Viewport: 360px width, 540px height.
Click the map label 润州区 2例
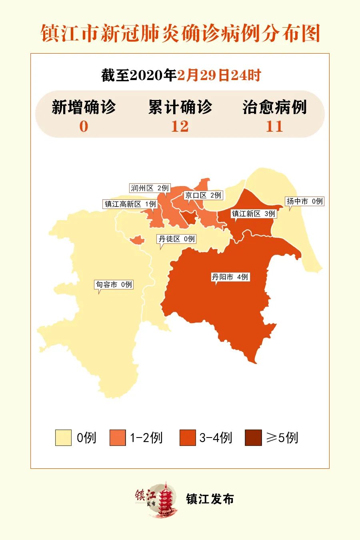point(150,188)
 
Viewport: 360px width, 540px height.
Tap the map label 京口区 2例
point(203,195)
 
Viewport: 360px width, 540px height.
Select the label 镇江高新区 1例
point(130,204)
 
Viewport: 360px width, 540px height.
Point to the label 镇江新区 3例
point(254,214)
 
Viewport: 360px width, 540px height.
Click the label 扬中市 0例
point(304,201)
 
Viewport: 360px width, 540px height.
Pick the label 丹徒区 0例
point(176,239)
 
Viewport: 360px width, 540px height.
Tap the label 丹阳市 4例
point(230,277)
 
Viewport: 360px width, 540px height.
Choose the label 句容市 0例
point(114,285)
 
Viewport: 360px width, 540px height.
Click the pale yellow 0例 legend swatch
point(63,438)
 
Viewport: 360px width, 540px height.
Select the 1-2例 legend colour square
point(118,438)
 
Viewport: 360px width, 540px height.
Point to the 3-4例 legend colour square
point(188,438)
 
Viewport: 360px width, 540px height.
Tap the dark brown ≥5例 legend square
point(253,438)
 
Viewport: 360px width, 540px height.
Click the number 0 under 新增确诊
point(84,126)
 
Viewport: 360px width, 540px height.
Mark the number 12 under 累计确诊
point(180,126)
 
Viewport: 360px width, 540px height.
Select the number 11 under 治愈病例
point(274,126)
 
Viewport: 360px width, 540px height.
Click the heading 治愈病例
point(274,107)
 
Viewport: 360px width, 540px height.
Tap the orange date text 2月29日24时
point(219,75)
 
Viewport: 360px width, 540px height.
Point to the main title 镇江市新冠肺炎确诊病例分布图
point(180,33)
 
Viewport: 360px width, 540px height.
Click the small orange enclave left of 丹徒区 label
point(137,240)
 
